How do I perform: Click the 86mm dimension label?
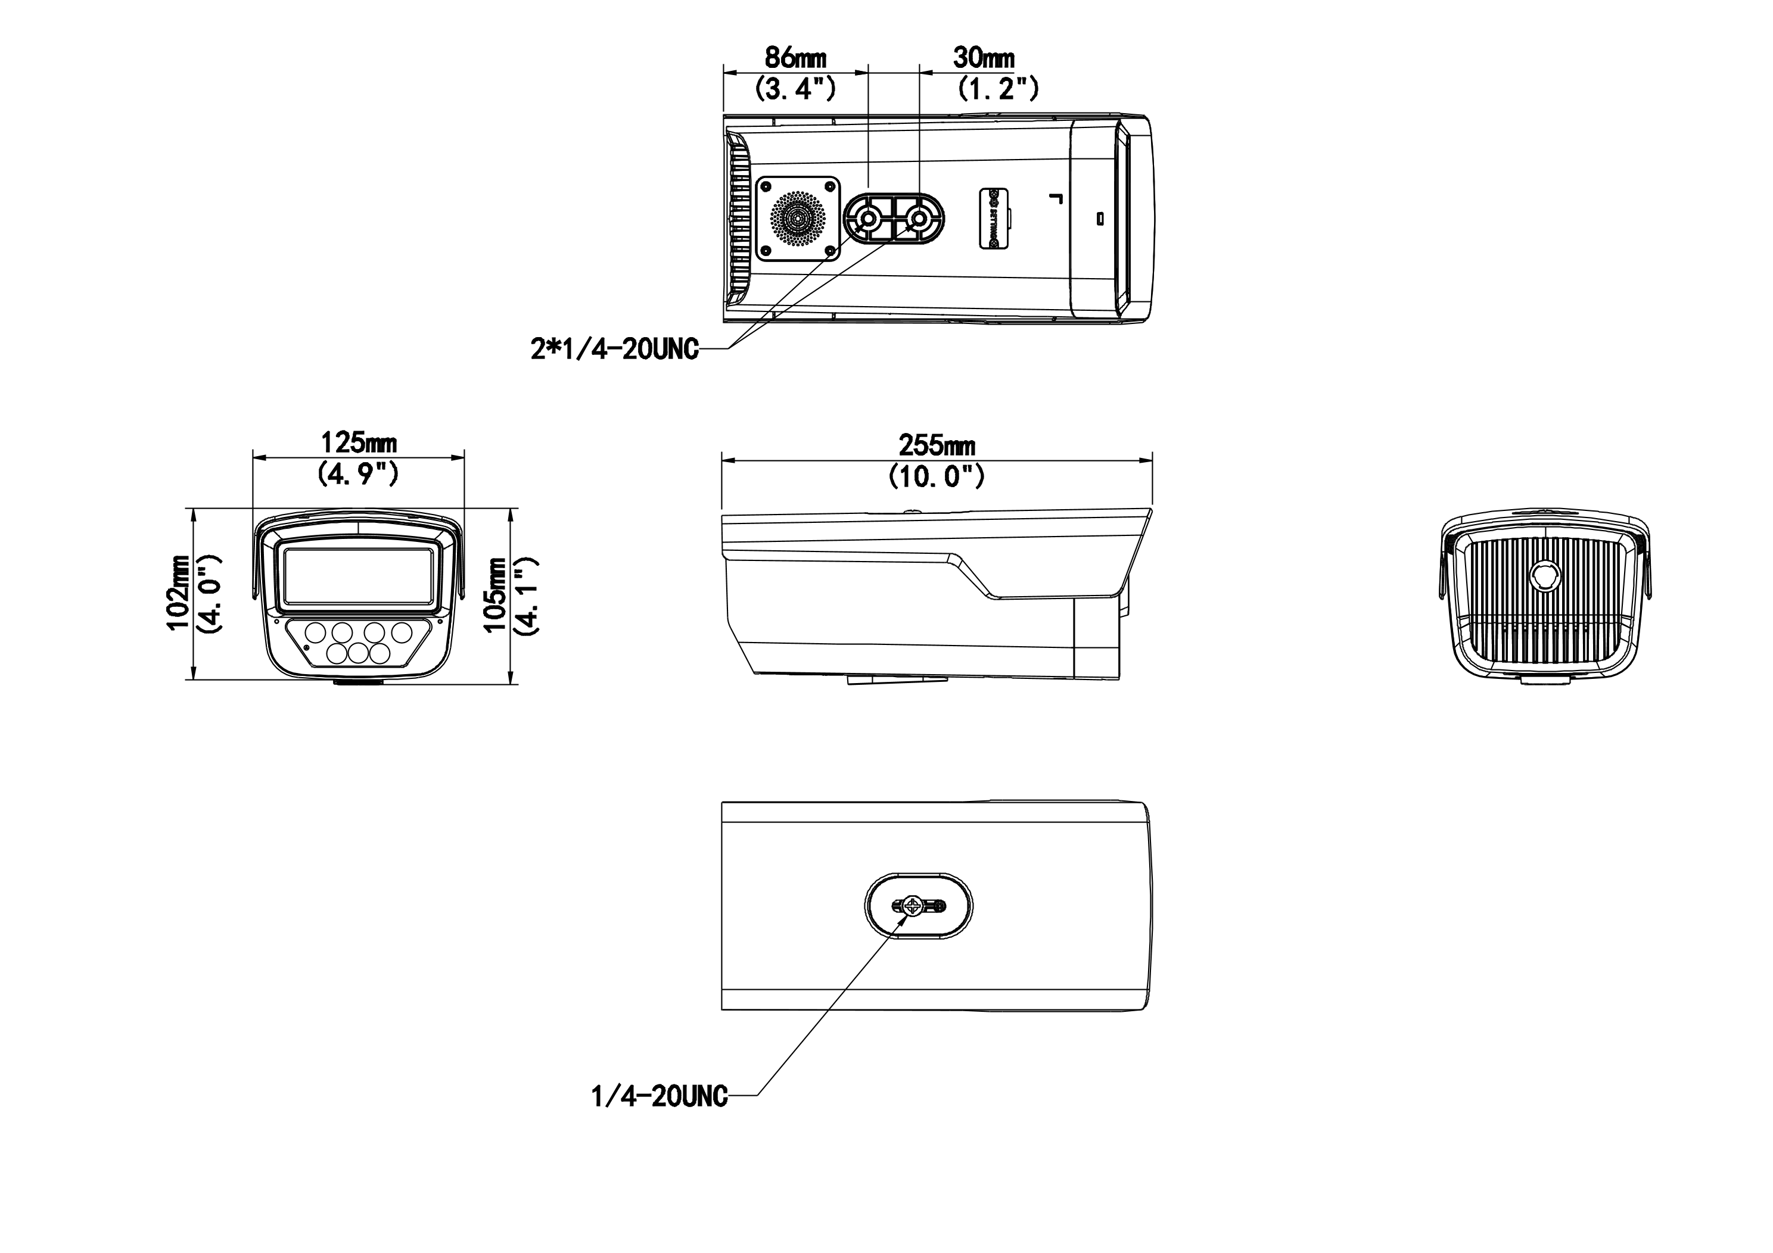(x=795, y=58)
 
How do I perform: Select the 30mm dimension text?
(x=983, y=57)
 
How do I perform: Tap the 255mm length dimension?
(x=936, y=445)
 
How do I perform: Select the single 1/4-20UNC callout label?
(x=659, y=1096)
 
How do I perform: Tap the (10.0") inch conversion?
(x=936, y=476)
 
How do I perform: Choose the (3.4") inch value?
(x=795, y=89)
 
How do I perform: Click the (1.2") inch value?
(x=998, y=89)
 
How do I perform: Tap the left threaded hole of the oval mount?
(x=868, y=220)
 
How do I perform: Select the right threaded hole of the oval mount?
(x=919, y=220)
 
